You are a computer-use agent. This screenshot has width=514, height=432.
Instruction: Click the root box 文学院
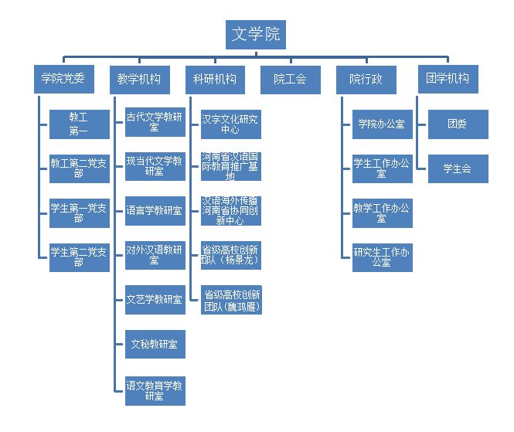click(x=257, y=35)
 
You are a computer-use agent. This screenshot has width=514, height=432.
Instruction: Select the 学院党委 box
click(x=63, y=79)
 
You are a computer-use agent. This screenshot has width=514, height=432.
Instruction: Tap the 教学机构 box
click(x=139, y=79)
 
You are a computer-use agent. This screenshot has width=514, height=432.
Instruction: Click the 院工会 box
click(x=290, y=79)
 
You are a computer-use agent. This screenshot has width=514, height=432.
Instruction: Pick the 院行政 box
click(x=366, y=79)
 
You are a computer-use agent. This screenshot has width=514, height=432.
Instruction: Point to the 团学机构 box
click(x=448, y=79)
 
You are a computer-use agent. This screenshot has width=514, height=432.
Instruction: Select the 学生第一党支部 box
click(x=79, y=213)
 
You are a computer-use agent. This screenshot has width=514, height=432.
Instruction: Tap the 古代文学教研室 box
click(x=155, y=124)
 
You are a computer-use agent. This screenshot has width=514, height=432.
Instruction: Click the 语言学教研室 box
click(x=155, y=211)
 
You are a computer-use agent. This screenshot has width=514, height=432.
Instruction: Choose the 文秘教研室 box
click(x=155, y=344)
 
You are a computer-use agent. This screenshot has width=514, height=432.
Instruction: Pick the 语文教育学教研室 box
click(x=155, y=390)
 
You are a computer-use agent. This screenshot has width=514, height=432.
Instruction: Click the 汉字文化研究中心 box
click(x=230, y=124)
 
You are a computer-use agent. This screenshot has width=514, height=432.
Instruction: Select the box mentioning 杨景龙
click(x=230, y=255)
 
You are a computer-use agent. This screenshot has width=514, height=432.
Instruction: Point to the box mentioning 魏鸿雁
click(x=230, y=300)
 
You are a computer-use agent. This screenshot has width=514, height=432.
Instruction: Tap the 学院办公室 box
click(x=382, y=124)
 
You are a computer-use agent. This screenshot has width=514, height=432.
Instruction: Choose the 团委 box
click(x=458, y=124)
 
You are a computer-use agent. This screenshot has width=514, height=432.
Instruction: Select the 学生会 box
click(x=458, y=168)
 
